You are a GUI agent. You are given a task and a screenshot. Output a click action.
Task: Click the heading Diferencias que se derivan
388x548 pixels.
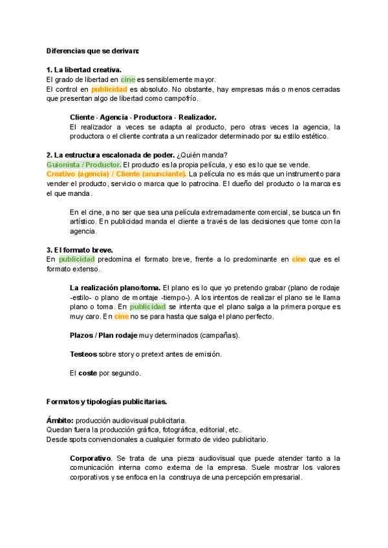click(x=92, y=50)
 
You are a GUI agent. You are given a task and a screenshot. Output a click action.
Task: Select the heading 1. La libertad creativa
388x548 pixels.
click(x=84, y=70)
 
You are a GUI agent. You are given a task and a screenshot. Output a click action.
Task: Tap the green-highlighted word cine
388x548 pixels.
click(x=127, y=79)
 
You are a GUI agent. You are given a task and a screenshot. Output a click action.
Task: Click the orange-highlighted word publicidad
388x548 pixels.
click(x=109, y=89)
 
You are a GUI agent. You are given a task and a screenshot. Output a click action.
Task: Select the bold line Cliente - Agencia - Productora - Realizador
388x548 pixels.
click(x=143, y=117)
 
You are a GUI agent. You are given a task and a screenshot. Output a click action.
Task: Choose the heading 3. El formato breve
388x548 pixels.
click(x=80, y=250)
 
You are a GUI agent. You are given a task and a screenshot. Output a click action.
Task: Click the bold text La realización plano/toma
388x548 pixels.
click(x=115, y=288)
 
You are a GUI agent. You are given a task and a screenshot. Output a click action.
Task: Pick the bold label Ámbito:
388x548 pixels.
click(x=60, y=420)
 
